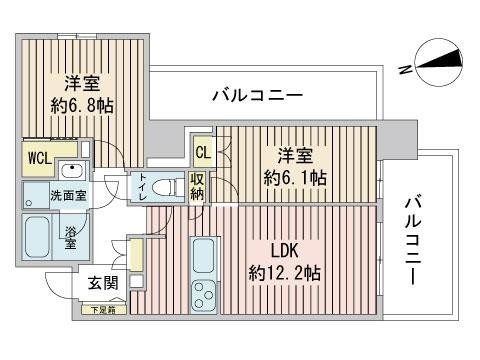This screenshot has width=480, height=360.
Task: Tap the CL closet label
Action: coord(202,153)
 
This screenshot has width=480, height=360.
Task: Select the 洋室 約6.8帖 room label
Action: coord(82,91)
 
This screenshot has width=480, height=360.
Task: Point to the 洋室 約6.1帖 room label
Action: coord(296,166)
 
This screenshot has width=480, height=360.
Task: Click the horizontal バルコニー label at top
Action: coord(256,96)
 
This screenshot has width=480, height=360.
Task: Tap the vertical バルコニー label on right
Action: coord(412,237)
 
